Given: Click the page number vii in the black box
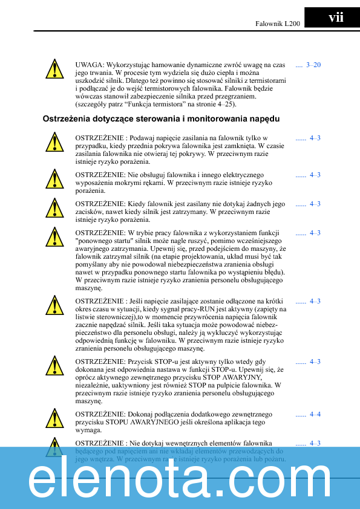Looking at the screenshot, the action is (335, 18).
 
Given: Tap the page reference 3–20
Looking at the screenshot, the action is (313, 65).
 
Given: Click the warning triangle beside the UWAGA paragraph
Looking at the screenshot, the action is (54, 69).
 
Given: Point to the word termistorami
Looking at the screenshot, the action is (267, 80).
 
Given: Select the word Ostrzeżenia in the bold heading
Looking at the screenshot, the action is (66, 118).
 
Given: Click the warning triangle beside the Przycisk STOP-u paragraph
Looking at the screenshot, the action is (54, 366).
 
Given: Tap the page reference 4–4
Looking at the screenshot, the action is (315, 414).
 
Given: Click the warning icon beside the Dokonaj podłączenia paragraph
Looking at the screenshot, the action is (54, 418).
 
